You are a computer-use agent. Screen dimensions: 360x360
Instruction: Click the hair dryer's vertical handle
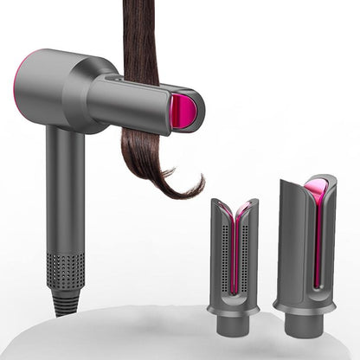click(x=65, y=190)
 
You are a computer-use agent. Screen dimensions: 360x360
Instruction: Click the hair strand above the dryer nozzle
click(x=139, y=35)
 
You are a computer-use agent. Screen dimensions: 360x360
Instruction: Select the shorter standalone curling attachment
click(x=235, y=260)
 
